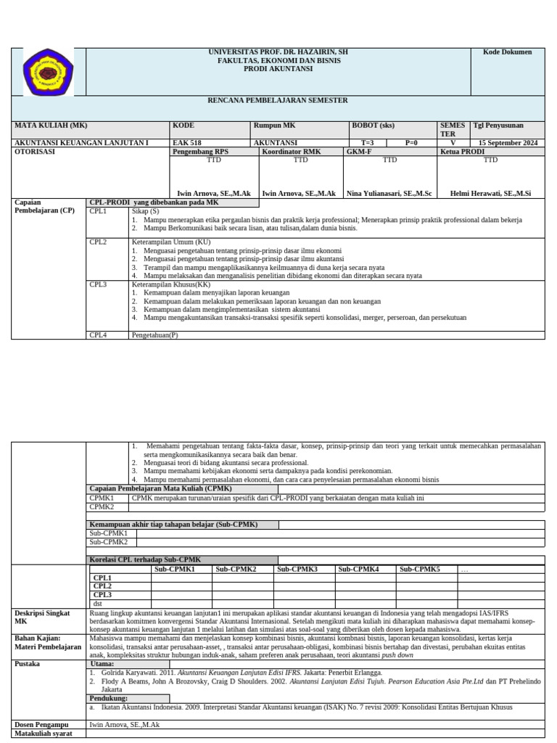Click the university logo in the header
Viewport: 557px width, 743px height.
tap(48, 73)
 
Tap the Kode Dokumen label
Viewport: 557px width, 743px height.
tap(512, 52)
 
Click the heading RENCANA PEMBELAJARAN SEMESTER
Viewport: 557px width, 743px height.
tap(278, 100)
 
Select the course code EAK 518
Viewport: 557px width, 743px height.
tap(187, 143)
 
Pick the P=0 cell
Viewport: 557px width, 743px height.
tap(411, 143)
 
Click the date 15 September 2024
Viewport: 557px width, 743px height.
tap(508, 143)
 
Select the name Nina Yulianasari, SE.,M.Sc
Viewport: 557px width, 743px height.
tap(389, 194)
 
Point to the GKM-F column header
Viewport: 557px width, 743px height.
tap(359, 152)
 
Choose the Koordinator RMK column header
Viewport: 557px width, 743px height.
tap(291, 152)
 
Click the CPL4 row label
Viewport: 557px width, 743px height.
tap(98, 335)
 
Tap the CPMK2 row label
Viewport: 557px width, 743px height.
tap(102, 507)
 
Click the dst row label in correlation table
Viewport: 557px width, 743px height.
tap(97, 603)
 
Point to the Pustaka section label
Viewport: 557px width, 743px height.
tap(27, 663)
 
